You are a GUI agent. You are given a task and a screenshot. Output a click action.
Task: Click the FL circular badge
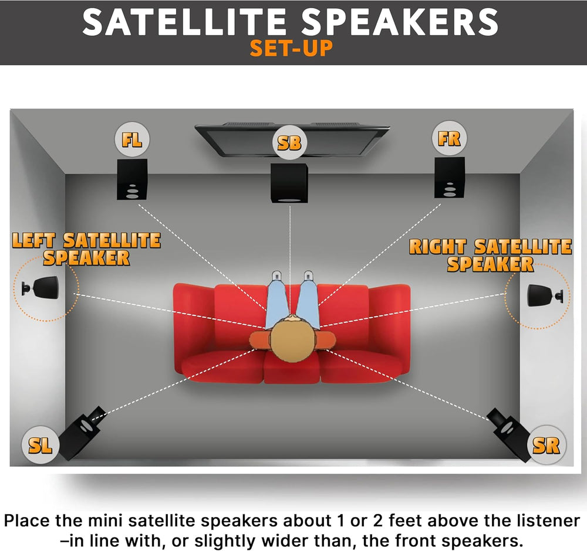pyautogui.click(x=132, y=140)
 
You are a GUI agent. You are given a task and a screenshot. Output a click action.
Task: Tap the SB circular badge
pyautogui.click(x=289, y=141)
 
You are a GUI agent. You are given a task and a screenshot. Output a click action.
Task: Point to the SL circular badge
pyautogui.click(x=41, y=445)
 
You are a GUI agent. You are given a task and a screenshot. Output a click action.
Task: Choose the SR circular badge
pyautogui.click(x=545, y=445)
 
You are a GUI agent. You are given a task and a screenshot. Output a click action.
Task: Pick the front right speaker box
pyautogui.click(x=450, y=177)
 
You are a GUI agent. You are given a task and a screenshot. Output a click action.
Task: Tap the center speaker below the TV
pyautogui.click(x=289, y=183)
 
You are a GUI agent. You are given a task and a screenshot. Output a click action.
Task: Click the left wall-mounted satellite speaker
pyautogui.click(x=41, y=288)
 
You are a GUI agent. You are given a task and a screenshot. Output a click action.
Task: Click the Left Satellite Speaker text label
pyautogui.click(x=86, y=249)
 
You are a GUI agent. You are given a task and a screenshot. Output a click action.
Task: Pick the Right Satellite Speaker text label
pyautogui.click(x=490, y=255)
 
